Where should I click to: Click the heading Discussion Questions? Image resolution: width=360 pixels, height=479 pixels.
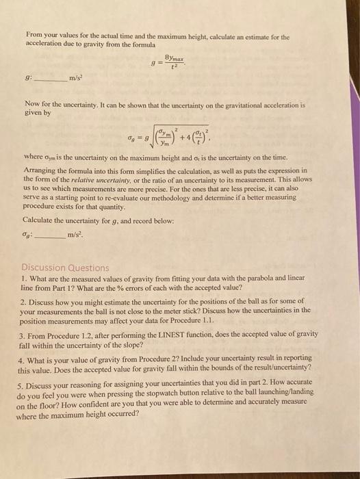point(66,268)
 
